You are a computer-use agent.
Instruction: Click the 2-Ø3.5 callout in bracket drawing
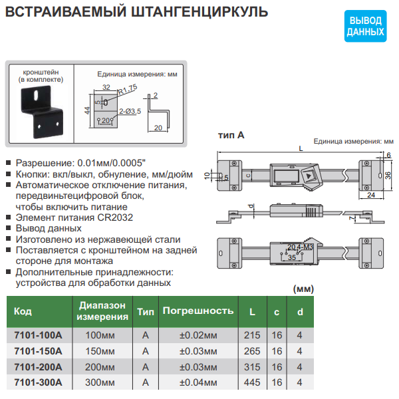[x=130, y=110]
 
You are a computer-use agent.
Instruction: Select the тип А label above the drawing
[x=231, y=134]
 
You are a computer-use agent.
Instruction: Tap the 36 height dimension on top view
[x=388, y=174]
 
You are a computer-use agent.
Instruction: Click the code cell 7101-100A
[x=37, y=334]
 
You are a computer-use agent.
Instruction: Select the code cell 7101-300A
[x=37, y=382]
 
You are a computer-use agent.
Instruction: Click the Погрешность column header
[x=198, y=311]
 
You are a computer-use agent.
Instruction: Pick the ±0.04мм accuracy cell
[x=198, y=382]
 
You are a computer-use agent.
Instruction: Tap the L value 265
[x=252, y=350]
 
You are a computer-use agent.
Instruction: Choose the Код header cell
[x=23, y=311]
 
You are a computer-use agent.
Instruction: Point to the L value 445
[x=252, y=382]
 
